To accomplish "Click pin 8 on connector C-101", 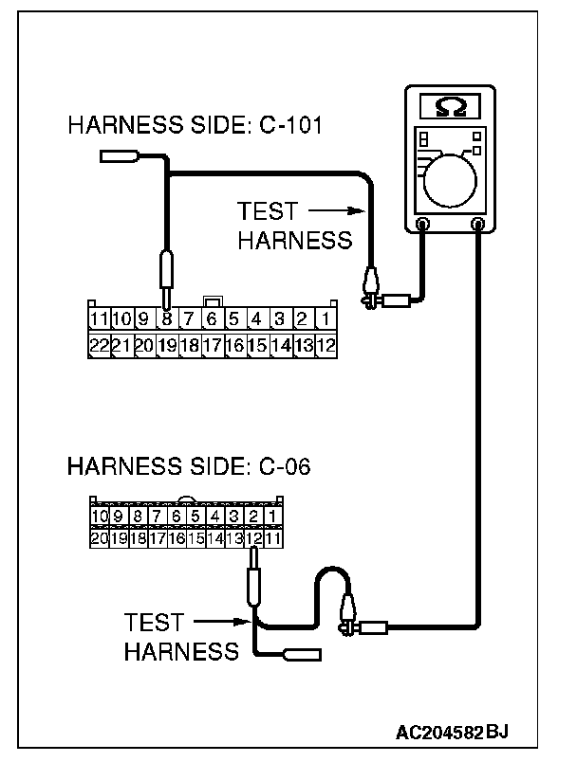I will tap(167, 319).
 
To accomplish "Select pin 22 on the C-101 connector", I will tap(100, 346).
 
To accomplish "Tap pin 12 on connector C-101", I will tap(325, 346).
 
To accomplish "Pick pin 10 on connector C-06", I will tap(99, 517).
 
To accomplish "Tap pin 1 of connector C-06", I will tap(272, 517).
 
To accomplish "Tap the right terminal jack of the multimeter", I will tap(478, 226).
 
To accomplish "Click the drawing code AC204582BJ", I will tap(453, 733).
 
